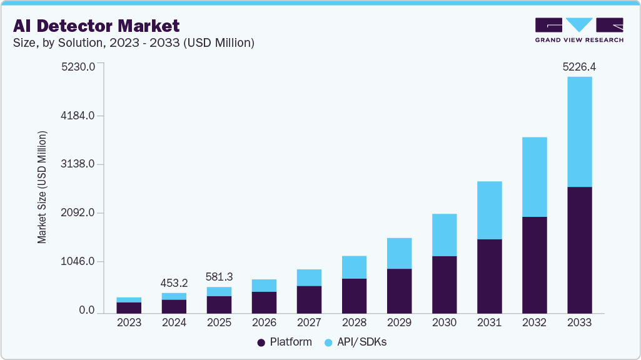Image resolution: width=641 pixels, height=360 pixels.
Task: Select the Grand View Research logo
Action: tap(579, 30)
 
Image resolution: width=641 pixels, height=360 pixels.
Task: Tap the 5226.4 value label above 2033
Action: tap(579, 66)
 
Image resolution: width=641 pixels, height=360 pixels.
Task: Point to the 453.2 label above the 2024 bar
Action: tap(174, 282)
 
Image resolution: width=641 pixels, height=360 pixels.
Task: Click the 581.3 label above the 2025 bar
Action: tap(219, 276)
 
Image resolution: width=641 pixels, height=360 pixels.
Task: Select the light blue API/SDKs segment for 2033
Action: tap(579, 131)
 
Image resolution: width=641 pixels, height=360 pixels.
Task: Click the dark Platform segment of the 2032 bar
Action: tap(534, 265)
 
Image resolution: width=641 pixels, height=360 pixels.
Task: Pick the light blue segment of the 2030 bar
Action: tap(444, 235)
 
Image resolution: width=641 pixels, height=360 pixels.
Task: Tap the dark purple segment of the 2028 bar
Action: tap(354, 296)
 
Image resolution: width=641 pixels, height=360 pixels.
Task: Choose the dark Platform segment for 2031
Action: tap(489, 276)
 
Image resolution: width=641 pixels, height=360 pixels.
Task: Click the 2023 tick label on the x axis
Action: tap(129, 323)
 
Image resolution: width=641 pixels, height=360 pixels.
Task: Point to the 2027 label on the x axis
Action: tap(309, 323)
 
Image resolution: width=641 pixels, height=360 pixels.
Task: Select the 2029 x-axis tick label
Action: tap(399, 323)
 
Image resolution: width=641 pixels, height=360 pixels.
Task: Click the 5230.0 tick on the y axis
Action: tap(78, 67)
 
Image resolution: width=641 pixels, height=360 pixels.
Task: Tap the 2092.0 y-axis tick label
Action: tap(78, 213)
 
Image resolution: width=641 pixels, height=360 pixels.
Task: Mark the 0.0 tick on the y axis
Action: tap(86, 311)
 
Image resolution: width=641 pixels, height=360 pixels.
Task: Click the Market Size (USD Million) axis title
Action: tap(43, 187)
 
